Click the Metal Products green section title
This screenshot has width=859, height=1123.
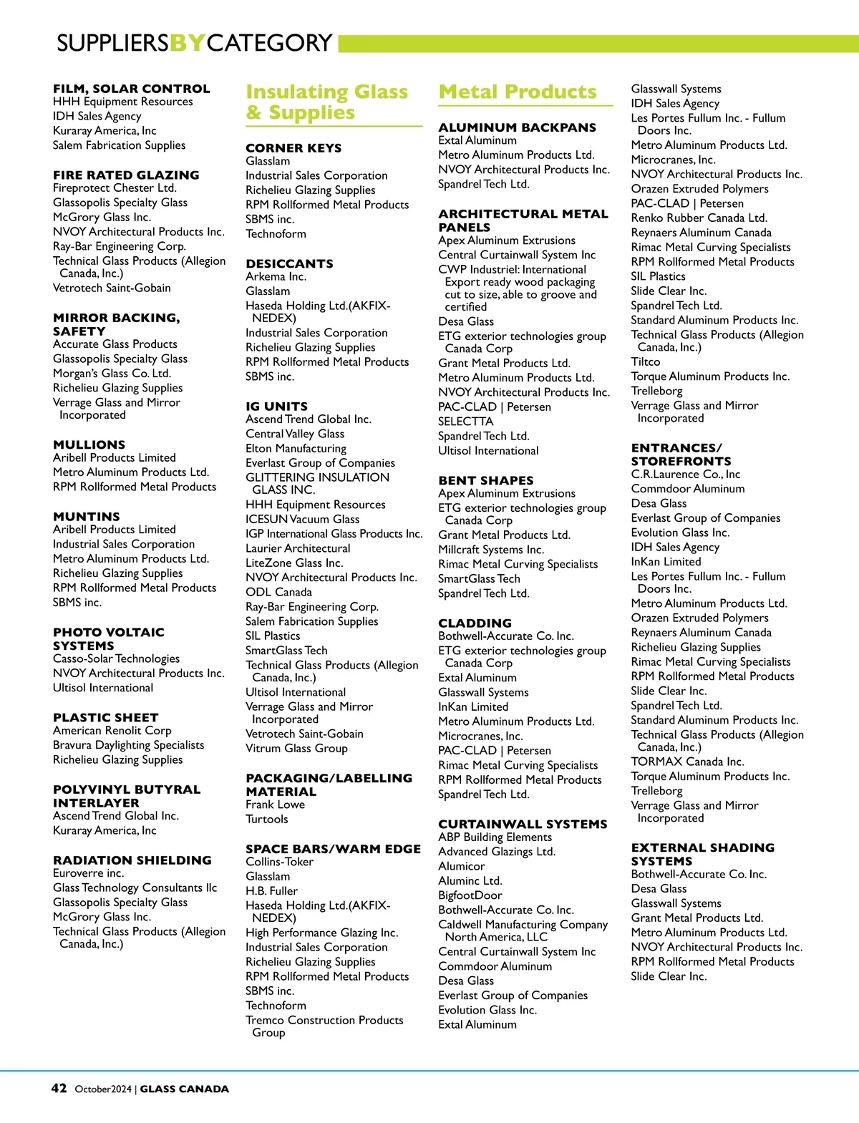pos(517,92)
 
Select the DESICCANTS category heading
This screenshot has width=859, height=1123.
pos(289,263)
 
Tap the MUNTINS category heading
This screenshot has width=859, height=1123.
pos(87,517)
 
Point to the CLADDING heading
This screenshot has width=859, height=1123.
pos(475,623)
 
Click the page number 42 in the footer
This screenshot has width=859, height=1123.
pos(59,1088)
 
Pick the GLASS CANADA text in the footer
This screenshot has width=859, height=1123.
pos(184,1089)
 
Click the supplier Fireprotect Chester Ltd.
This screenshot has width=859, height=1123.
pos(115,188)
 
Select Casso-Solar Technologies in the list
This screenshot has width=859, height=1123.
pos(116,658)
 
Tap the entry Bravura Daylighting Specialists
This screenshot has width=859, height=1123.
pos(128,745)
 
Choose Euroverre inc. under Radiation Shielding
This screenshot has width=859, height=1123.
pos(88,873)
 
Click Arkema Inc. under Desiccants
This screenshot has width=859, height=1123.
pos(276,276)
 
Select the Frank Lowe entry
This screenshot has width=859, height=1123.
pos(275,804)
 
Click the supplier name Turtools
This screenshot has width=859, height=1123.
pos(266,819)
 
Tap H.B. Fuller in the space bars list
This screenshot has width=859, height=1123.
pos(271,890)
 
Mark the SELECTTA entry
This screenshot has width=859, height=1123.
pos(465,422)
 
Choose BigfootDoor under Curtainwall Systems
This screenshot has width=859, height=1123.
pos(470,895)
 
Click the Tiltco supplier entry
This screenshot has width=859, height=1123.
pos(645,361)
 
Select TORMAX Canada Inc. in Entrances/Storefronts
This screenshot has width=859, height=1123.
pos(687,762)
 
